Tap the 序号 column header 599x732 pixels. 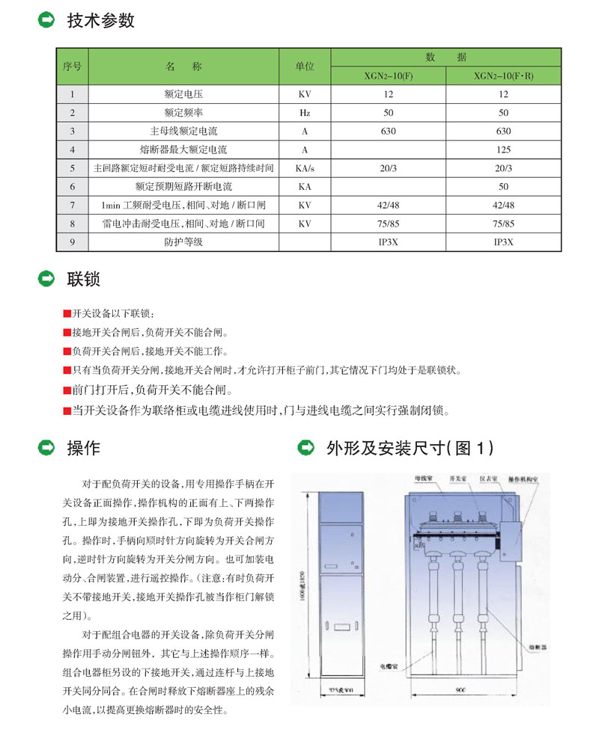(x=72, y=67)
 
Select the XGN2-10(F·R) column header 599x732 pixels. (x=503, y=76)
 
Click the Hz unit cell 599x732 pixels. (x=305, y=113)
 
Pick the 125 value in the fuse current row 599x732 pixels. (x=503, y=150)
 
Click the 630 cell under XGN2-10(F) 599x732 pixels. (x=389, y=131)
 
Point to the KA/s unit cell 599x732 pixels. (x=305, y=168)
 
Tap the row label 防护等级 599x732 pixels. (x=183, y=242)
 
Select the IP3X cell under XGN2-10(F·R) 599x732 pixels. (x=503, y=242)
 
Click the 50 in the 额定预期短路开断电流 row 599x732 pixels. (x=503, y=186)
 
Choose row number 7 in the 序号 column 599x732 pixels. (x=72, y=205)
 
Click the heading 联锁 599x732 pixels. (x=83, y=280)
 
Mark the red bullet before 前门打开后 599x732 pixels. (x=67, y=390)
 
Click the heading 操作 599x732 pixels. (x=83, y=449)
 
